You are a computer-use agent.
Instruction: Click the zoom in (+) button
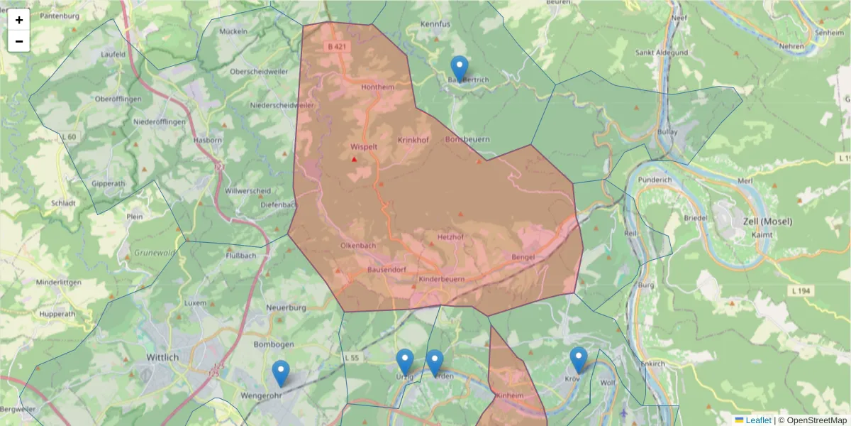(19, 20)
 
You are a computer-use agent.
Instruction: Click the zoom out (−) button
(19, 41)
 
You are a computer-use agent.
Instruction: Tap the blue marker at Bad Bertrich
(460, 70)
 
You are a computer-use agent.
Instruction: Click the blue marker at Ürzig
(405, 363)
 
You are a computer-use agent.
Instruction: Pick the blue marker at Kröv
(579, 360)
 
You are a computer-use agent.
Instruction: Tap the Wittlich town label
(162, 357)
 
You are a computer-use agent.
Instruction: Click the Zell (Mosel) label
(762, 222)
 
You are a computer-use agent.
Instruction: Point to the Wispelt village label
(364, 147)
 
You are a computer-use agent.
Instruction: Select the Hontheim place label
(377, 87)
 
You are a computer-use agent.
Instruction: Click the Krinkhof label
(413, 140)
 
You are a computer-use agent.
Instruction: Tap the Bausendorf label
(386, 270)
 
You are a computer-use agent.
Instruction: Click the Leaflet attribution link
(757, 420)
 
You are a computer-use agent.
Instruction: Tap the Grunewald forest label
(155, 252)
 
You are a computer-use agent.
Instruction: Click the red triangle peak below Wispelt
(355, 159)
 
